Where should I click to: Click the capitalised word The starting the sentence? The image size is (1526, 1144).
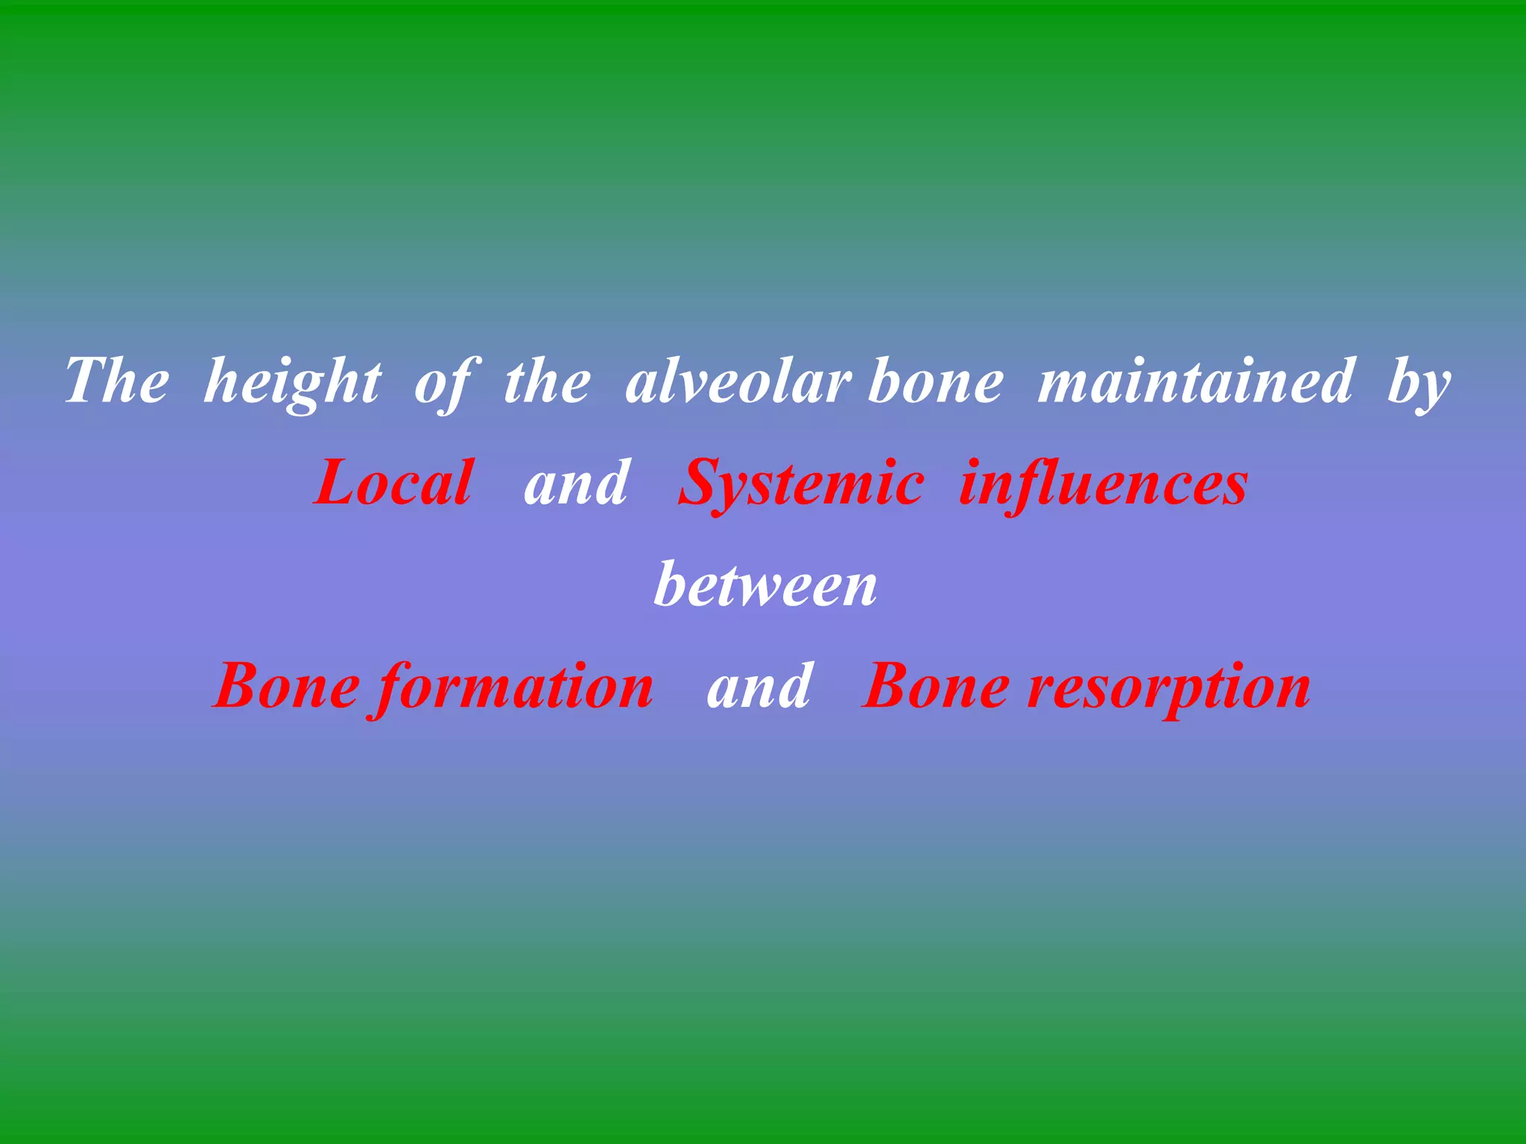[x=117, y=381]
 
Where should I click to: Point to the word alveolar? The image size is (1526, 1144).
[x=738, y=381]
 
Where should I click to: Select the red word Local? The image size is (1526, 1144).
[x=393, y=483]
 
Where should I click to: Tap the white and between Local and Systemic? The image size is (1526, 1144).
[x=576, y=483]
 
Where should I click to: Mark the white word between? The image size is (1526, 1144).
[x=765, y=585]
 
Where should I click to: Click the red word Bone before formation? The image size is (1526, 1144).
[x=287, y=686]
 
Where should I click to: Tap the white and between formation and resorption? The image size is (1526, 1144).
[x=759, y=686]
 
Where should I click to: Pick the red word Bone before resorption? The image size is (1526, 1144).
[x=936, y=686]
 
